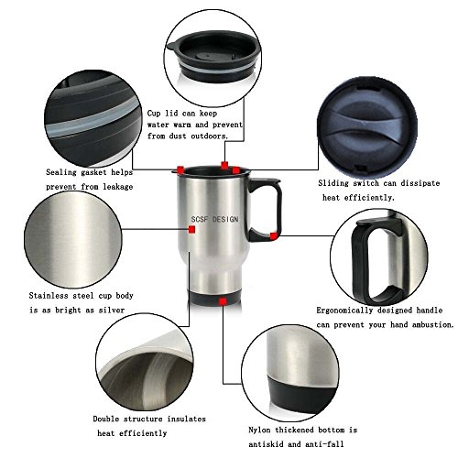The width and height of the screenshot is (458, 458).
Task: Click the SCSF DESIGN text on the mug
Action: [x=214, y=219]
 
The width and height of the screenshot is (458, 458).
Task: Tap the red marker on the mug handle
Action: [x=274, y=235]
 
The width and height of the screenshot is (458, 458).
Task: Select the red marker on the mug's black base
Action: [x=223, y=301]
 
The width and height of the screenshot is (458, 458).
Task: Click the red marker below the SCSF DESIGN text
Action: [x=191, y=229]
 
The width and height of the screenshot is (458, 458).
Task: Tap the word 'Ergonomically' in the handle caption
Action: [x=344, y=311]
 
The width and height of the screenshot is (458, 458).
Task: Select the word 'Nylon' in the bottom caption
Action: [x=259, y=431]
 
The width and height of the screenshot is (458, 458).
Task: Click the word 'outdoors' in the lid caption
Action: [x=210, y=136]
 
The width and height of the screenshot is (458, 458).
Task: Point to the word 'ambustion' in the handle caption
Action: [x=433, y=325]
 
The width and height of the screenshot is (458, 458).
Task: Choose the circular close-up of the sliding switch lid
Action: [x=367, y=127]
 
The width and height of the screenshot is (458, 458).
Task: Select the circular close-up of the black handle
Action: [x=379, y=257]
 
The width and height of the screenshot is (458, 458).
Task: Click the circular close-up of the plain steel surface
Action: [x=73, y=240]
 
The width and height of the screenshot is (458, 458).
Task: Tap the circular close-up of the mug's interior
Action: [x=145, y=362]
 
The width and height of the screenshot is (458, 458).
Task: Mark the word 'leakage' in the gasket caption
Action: [x=118, y=187]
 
